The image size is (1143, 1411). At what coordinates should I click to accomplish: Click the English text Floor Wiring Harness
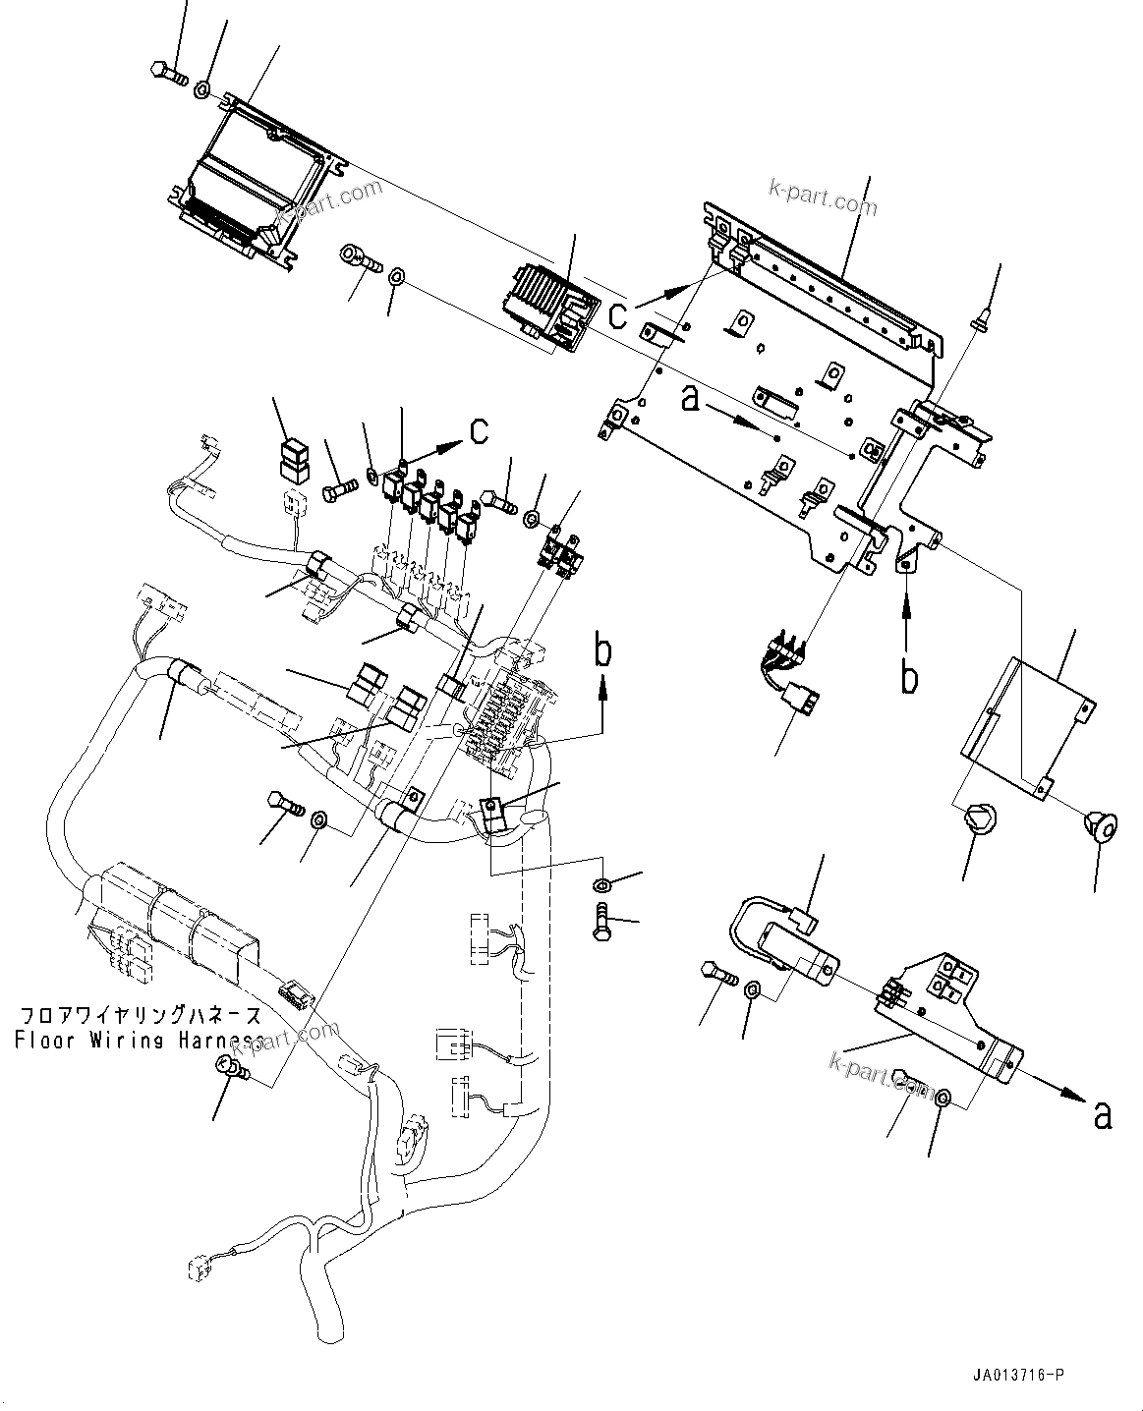tap(138, 1040)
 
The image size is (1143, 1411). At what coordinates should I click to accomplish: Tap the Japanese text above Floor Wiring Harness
tap(138, 1015)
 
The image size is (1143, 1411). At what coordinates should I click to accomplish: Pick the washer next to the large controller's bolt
tap(201, 90)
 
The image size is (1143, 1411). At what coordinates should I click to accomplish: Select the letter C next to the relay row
tap(478, 430)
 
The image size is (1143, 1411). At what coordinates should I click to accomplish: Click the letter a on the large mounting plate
tap(691, 397)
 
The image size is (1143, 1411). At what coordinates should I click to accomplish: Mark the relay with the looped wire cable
tap(786, 948)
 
